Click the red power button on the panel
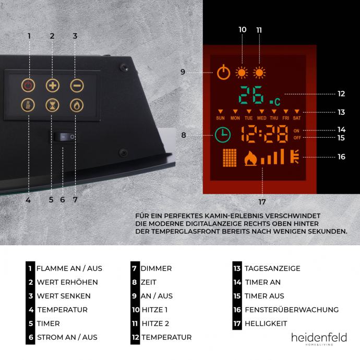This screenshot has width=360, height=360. (28, 86)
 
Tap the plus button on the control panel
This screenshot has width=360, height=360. (52, 86)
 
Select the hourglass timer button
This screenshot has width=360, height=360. (52, 105)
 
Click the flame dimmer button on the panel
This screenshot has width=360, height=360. (76, 105)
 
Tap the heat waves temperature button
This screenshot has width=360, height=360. (28, 105)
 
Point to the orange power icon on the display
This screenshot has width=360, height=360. (223, 72)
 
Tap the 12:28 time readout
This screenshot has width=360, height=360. (265, 134)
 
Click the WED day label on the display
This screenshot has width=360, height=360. (261, 118)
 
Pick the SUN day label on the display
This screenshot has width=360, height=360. (220, 118)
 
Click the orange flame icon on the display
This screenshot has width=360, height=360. (250, 158)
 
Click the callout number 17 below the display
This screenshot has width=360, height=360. (262, 202)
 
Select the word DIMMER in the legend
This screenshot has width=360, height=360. (156, 269)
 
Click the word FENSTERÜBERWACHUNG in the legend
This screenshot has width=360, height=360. (291, 310)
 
